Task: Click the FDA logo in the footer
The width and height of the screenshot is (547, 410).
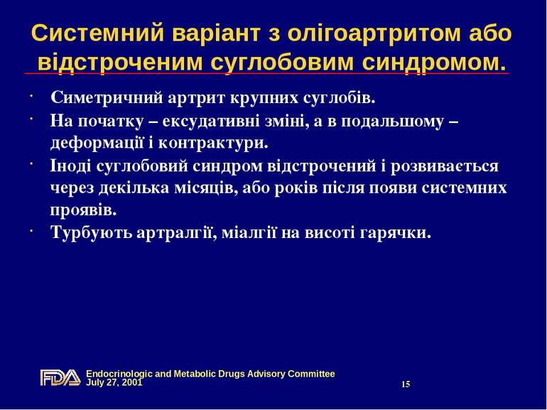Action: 60,377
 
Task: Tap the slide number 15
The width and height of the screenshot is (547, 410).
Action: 406,384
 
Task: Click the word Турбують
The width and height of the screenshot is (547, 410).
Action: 87,232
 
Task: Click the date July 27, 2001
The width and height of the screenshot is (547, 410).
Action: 114,382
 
